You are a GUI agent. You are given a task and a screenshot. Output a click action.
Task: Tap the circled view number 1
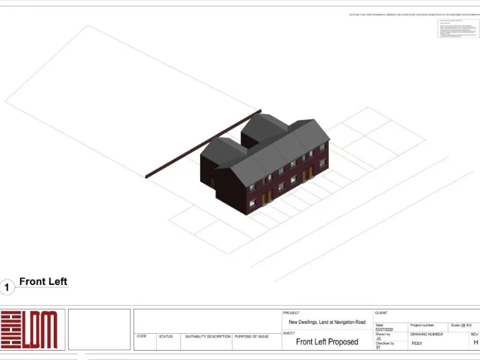coord(7,287)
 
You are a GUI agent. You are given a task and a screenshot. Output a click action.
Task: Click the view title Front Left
coord(43,282)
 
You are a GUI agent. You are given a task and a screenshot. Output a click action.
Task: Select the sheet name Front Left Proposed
coord(327,342)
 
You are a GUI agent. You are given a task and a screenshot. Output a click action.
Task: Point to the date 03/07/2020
coord(384,330)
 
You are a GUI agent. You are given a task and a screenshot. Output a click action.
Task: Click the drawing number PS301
coord(417,343)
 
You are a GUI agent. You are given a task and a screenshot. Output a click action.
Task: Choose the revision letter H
coord(476,342)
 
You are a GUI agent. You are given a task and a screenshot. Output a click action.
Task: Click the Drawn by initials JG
coord(379,339)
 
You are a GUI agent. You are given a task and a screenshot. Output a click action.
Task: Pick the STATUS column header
coord(166,336)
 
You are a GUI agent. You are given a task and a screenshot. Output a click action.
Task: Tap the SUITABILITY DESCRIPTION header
coord(207,336)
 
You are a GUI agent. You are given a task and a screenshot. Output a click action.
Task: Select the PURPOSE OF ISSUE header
coord(251,336)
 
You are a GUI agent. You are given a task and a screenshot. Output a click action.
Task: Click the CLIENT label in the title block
coord(381,313)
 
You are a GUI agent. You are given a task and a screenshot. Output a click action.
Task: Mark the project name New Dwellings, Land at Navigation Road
coord(327,322)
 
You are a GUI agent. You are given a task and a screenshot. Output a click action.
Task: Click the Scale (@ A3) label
coord(461,326)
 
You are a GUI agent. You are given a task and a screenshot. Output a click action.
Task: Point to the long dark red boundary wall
coord(203,145)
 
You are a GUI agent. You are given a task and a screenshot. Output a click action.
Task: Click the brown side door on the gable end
coord(212,183)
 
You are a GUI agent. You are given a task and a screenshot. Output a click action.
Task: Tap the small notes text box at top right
coord(456,29)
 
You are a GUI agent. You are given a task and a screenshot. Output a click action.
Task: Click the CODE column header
coord(142,336)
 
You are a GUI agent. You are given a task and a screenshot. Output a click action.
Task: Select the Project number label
coord(422,326)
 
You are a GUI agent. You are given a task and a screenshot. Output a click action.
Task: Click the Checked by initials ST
coord(378,347)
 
